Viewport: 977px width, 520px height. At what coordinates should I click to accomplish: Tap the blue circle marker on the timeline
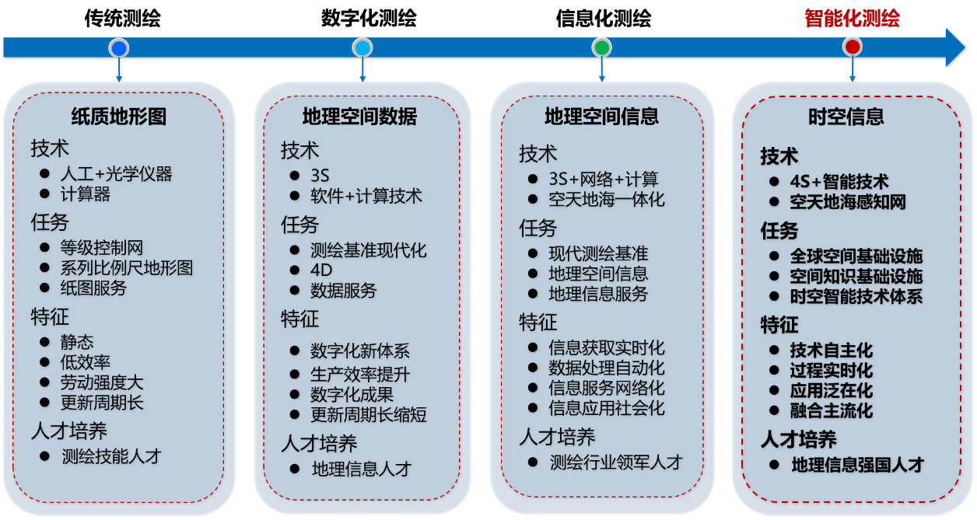(119, 48)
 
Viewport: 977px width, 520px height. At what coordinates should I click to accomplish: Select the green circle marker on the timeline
(601, 47)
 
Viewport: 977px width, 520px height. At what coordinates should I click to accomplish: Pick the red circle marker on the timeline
(853, 47)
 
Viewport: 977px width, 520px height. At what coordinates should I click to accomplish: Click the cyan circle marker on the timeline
(362, 48)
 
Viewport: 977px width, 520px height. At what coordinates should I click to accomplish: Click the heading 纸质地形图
(118, 117)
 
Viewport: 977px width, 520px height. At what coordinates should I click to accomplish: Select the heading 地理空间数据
(359, 117)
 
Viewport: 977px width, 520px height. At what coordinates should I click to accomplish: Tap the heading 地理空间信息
(601, 117)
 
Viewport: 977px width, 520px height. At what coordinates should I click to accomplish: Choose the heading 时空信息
(846, 117)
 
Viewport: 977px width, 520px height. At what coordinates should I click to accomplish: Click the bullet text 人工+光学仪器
(116, 173)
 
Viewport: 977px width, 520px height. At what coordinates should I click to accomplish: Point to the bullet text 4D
(321, 270)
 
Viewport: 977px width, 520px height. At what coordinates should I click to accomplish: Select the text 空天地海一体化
(607, 200)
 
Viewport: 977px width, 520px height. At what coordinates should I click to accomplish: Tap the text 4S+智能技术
(839, 182)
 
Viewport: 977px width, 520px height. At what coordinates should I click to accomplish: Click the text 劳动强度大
(102, 382)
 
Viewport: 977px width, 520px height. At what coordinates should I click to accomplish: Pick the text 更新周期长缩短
(369, 415)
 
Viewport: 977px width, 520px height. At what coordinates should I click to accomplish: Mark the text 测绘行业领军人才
(616, 462)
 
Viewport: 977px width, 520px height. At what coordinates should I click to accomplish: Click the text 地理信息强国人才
(857, 465)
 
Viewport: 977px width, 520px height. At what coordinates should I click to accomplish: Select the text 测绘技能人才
(111, 456)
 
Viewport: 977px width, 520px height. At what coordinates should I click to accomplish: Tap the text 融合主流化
(831, 410)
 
